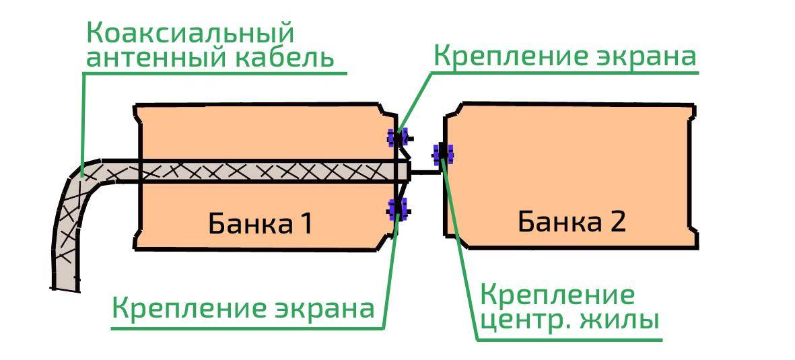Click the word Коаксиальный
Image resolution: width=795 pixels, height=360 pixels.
point(191,32)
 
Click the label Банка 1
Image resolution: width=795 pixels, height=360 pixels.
point(260,223)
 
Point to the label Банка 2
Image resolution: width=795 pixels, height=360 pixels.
point(572,221)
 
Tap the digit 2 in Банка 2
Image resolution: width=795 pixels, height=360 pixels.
point(617,221)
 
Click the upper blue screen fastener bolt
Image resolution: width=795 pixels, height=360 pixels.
point(396,138)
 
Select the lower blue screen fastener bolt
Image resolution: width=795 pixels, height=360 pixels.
point(397,209)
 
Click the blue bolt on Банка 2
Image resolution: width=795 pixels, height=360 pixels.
point(443,155)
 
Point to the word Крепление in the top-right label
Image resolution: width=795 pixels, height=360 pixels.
point(497,56)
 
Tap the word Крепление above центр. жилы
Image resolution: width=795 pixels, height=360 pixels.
point(558,295)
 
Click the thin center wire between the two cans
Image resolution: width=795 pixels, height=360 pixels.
point(425,172)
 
